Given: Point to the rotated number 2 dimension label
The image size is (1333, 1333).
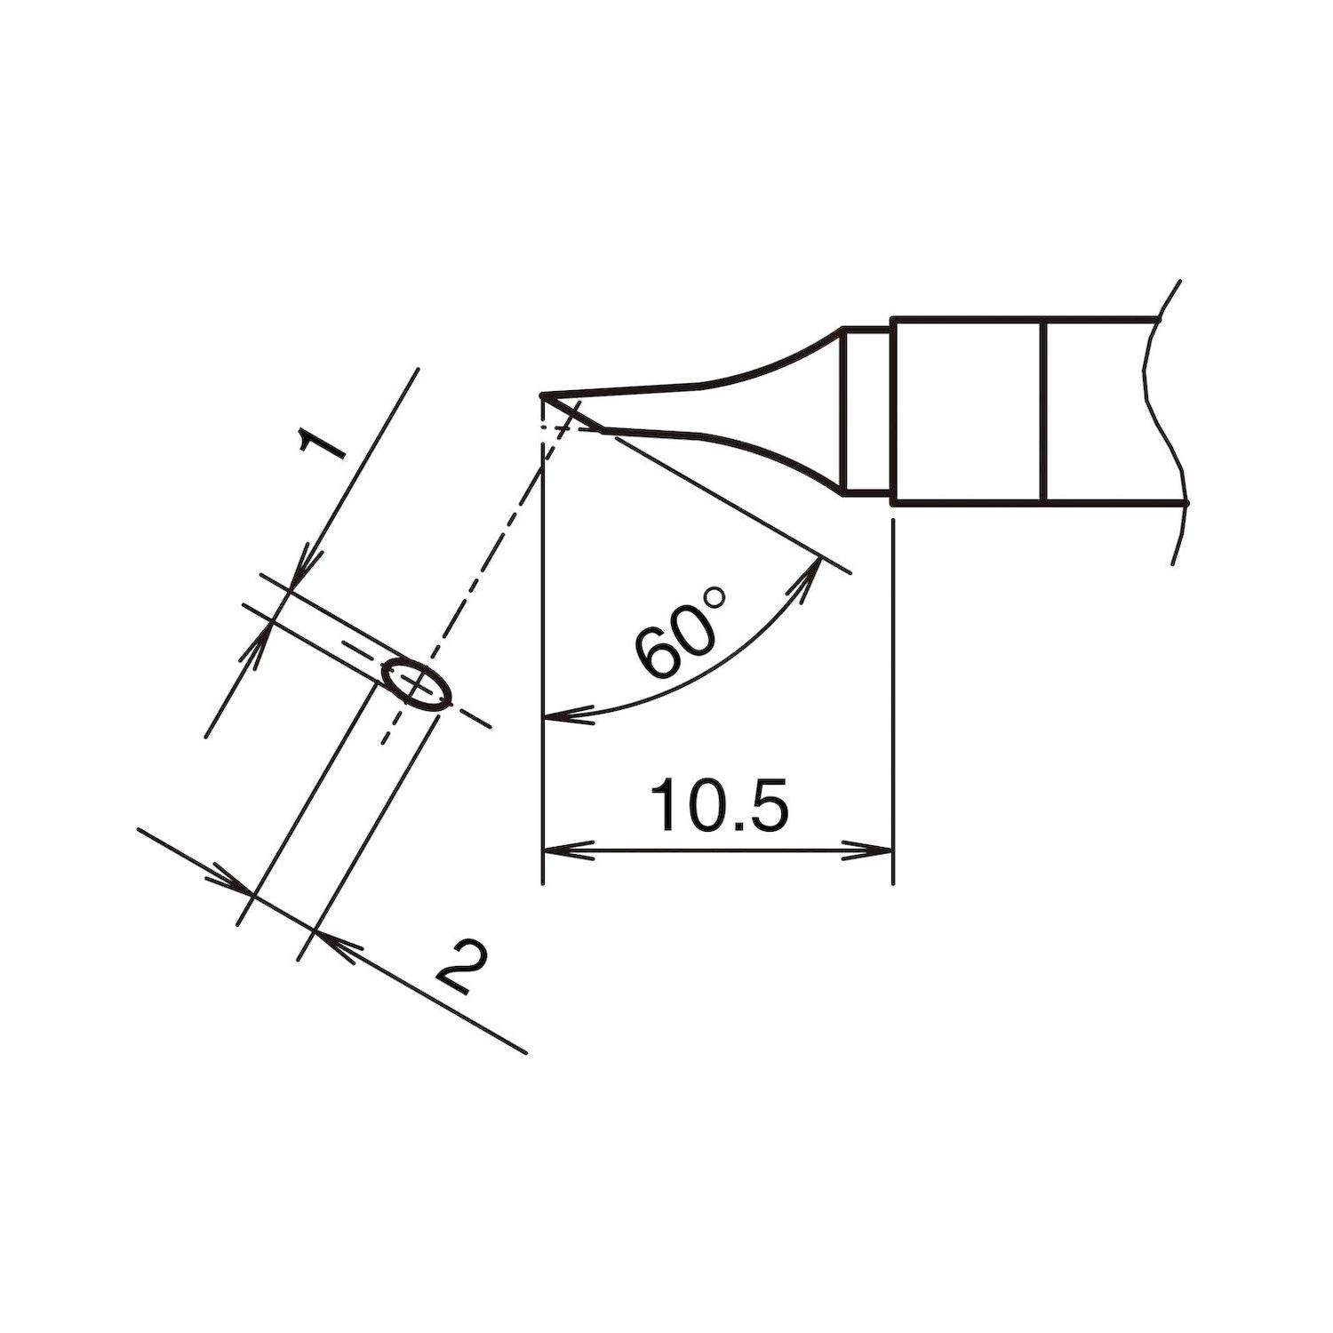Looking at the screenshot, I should click(x=463, y=968).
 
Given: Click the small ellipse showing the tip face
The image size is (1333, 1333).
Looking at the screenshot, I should click(x=416, y=684).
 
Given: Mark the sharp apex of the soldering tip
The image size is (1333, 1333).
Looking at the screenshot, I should click(x=542, y=395).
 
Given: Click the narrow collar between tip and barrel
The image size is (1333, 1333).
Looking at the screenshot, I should click(x=866, y=410).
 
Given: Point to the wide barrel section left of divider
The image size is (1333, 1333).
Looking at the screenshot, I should click(x=969, y=410).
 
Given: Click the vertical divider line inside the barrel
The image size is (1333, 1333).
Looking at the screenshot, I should click(x=1046, y=410).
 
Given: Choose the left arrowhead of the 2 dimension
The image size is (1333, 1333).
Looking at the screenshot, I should click(x=230, y=882).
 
